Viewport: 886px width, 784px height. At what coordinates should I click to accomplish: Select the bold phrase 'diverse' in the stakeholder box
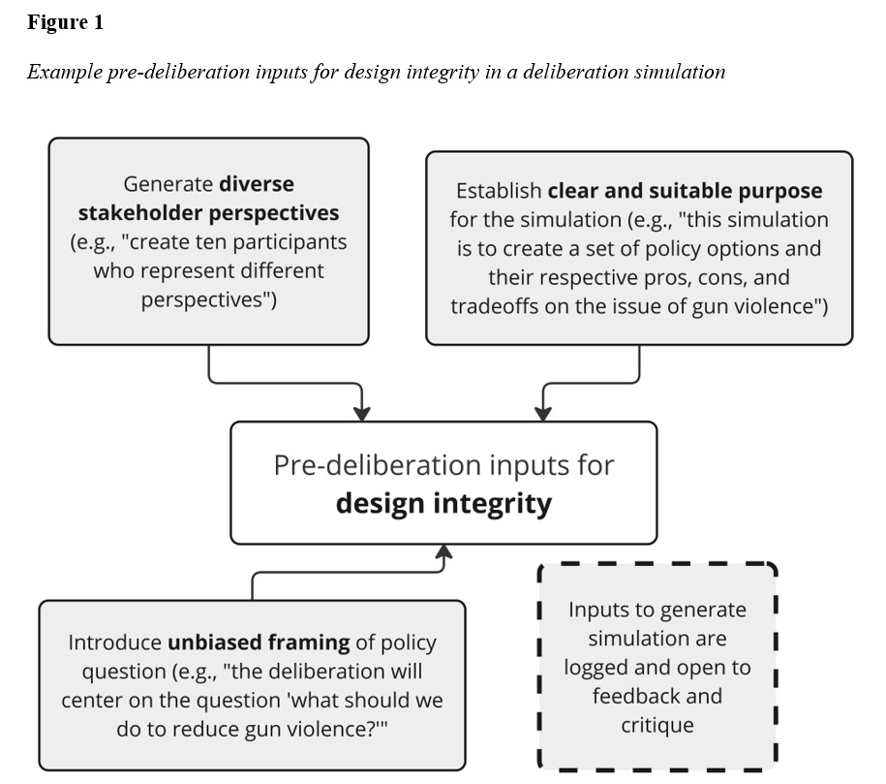click(256, 184)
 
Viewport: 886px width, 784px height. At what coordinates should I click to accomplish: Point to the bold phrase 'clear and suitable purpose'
click(685, 191)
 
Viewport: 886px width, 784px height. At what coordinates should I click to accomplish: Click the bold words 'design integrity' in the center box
click(443, 504)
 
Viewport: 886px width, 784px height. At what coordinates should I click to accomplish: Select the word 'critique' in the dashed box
click(657, 724)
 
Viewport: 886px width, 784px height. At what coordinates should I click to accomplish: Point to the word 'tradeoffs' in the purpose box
click(497, 307)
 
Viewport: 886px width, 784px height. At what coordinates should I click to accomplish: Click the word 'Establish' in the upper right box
click(498, 191)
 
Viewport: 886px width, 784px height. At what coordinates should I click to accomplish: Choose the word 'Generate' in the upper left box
click(168, 184)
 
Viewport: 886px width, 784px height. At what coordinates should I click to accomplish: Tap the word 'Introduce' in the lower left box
click(114, 643)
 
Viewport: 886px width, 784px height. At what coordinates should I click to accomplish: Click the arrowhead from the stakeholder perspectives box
click(361, 413)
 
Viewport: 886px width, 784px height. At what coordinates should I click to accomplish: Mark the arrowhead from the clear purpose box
click(543, 413)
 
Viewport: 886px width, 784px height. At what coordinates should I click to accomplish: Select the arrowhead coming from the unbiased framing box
click(444, 552)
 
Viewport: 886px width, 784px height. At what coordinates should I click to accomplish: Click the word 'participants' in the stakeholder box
click(293, 242)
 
